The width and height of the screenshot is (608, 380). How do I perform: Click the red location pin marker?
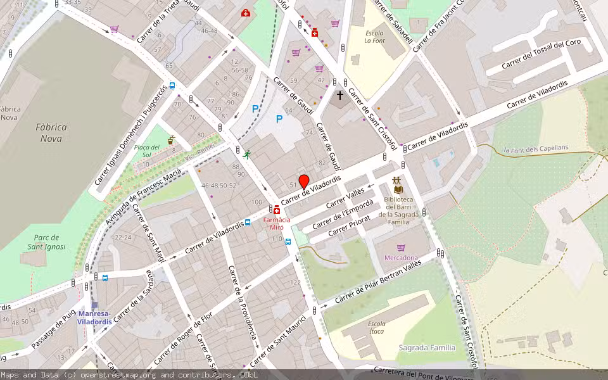pos(303,181)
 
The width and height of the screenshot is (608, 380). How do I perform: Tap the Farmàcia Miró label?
pos(277,223)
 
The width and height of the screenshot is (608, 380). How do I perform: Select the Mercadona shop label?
pos(401,257)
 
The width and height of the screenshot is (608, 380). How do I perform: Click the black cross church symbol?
pos(339,96)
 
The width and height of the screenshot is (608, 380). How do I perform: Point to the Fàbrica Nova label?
pos(53,132)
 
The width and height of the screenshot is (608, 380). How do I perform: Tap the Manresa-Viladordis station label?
pos(94,317)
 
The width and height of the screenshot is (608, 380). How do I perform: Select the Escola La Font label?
pos(374,37)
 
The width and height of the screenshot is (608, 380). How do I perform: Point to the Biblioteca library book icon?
pos(398,189)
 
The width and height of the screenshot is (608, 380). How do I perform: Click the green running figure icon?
pos(247,154)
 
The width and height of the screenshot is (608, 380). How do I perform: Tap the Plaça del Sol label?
pos(146,151)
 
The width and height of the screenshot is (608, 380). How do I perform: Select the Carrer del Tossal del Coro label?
pos(541,55)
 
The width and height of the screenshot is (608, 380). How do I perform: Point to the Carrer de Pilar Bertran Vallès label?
pos(377,279)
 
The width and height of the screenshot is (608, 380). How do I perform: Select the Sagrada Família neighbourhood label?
pos(427,347)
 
